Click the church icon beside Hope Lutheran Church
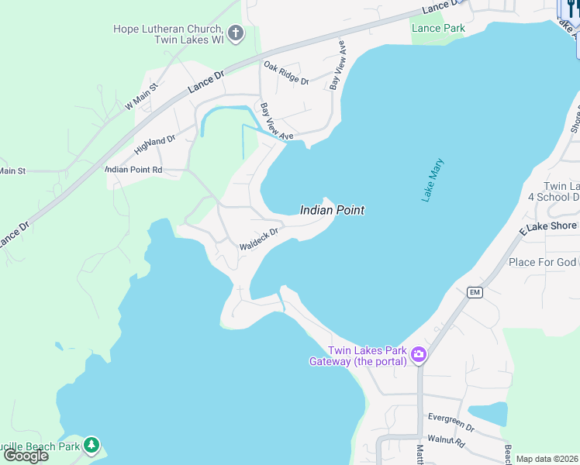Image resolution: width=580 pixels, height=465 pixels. (236, 34)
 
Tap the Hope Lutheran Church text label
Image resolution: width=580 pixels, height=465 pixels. (168, 34)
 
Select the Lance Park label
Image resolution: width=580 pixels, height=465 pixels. (438, 29)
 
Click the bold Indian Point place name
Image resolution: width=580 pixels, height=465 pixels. (332, 210)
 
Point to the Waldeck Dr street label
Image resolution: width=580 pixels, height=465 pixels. (258, 238)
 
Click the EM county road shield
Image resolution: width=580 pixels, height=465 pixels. (475, 292)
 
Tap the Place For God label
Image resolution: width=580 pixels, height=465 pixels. (543, 262)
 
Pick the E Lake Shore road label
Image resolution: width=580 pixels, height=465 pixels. (548, 226)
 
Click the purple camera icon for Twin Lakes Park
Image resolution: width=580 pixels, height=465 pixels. (419, 355)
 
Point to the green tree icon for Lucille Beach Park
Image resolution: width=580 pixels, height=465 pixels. (91, 445)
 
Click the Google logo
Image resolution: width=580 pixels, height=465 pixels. (26, 456)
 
